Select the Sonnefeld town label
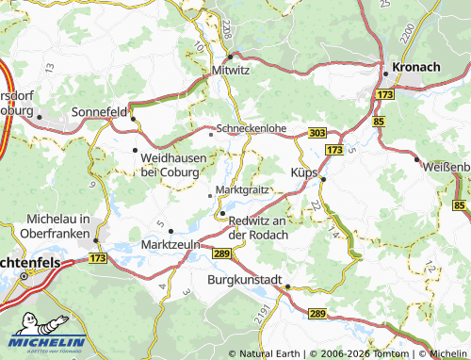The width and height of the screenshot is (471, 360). click(x=100, y=112)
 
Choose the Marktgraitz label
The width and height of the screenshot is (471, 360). click(x=243, y=189)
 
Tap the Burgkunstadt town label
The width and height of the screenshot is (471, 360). click(x=245, y=280)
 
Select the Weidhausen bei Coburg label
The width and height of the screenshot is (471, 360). click(x=172, y=165)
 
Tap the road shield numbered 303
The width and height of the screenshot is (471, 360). click(x=317, y=134)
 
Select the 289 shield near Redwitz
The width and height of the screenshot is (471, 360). click(x=221, y=254)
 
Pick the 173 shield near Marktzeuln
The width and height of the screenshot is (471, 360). click(x=99, y=256)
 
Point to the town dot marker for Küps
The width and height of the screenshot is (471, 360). click(x=322, y=179)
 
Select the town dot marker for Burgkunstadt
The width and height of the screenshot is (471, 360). click(x=287, y=288)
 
